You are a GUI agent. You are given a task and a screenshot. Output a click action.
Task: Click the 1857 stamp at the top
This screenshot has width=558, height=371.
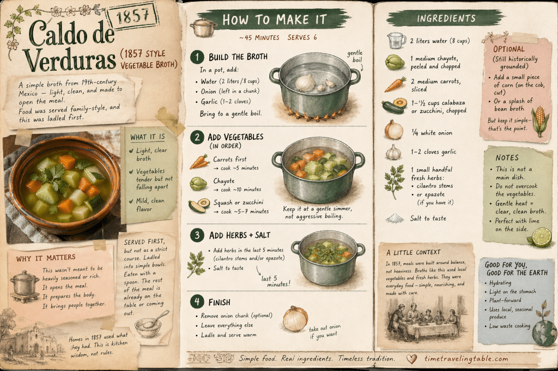(x=133, y=16)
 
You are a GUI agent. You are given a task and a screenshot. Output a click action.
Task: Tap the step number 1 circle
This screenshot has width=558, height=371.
(x=197, y=57)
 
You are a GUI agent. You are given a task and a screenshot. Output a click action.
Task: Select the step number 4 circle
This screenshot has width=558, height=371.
(x=197, y=302)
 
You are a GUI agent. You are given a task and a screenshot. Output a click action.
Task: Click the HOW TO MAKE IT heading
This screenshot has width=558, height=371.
(x=275, y=20)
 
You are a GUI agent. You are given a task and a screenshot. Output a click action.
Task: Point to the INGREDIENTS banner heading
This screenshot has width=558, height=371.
(x=446, y=18)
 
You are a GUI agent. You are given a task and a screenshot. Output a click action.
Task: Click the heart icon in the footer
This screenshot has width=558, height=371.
(x=411, y=359)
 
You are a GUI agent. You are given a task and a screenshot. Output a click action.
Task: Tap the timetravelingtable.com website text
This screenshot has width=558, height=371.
(x=466, y=358)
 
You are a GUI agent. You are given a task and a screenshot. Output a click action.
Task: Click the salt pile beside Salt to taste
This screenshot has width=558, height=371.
(x=395, y=218)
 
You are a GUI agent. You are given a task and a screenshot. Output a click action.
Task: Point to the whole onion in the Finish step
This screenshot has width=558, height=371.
(x=295, y=319)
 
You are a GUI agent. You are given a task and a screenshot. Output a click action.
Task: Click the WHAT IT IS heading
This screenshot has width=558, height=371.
(x=147, y=137)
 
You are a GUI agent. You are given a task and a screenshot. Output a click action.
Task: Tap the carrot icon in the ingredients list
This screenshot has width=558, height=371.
(x=395, y=84)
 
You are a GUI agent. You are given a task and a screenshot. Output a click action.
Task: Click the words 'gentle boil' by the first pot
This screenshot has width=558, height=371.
(x=355, y=56)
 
